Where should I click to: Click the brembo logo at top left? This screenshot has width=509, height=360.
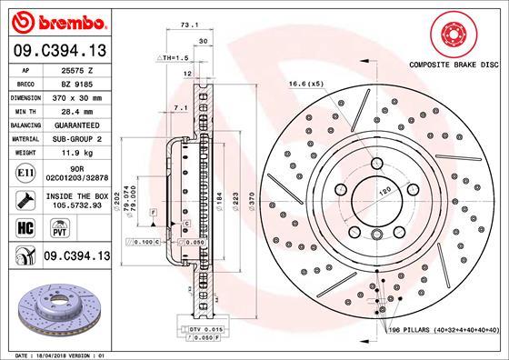55,19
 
